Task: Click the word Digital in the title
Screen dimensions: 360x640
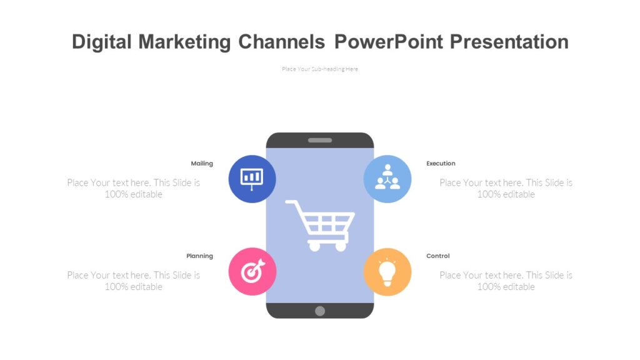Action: [102, 42]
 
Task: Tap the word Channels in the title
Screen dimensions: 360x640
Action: [281, 42]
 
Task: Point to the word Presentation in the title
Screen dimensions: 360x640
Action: [509, 42]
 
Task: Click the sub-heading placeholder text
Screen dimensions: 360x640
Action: [320, 69]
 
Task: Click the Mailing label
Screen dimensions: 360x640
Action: [202, 164]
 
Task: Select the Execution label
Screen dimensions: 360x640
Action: [441, 164]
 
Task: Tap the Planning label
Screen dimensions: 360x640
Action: [199, 256]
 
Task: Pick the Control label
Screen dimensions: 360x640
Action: [437, 256]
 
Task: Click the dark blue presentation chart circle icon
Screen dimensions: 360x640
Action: [252, 179]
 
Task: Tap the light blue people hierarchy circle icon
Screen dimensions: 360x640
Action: [387, 179]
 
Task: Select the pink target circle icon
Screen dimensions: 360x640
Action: [252, 271]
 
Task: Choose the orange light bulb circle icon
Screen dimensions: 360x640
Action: [387, 271]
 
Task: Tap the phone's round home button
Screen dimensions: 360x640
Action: [320, 311]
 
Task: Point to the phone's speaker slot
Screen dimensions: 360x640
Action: [320, 140]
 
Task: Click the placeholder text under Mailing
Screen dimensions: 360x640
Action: [134, 188]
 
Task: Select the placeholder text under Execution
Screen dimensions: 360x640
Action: [506, 188]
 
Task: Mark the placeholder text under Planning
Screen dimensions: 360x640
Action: [134, 281]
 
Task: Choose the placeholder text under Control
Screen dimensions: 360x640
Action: [506, 281]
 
